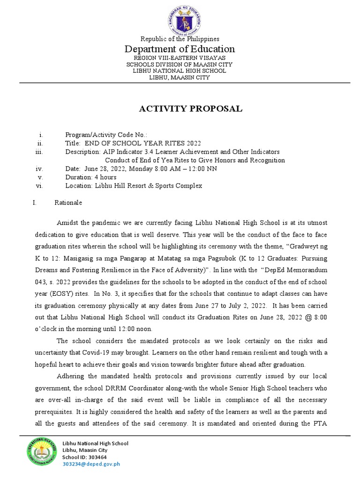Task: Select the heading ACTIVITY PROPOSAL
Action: pos(190,109)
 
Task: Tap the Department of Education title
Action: pos(180,49)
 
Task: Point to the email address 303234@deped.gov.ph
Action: pos(91,464)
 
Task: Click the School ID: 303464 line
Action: pos(84,457)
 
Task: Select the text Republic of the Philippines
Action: pos(180,39)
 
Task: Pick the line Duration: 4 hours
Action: pos(91,177)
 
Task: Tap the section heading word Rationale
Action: pos(68,202)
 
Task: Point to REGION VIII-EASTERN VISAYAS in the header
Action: pos(180,58)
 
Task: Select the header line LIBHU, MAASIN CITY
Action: pos(180,77)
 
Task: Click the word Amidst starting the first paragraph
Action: pos(68,222)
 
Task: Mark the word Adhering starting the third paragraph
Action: pos(71,376)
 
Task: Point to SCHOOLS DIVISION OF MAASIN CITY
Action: pos(180,64)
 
